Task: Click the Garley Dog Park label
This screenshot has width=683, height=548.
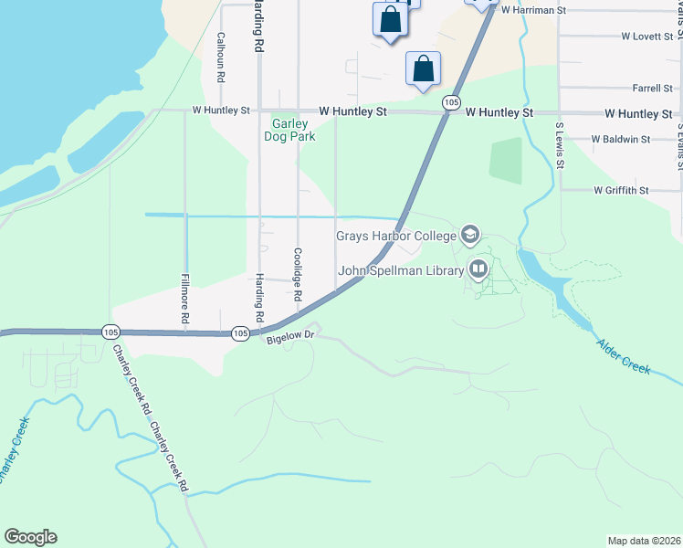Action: tap(289, 130)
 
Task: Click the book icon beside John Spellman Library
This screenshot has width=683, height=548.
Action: tap(478, 269)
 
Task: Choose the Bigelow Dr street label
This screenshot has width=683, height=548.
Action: tap(289, 337)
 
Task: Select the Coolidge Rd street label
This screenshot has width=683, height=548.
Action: tap(297, 275)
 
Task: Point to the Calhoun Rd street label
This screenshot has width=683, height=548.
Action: tap(220, 58)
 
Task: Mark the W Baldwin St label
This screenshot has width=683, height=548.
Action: tap(620, 140)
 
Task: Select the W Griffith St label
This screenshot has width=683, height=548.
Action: tap(620, 191)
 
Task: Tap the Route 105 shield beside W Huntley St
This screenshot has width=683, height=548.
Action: tap(451, 103)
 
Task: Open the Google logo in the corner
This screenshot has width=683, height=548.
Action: tap(30, 537)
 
